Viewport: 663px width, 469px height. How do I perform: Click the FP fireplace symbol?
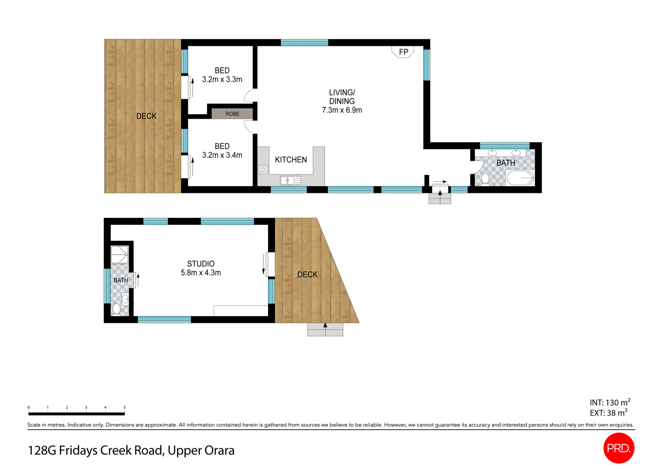click(x=403, y=52)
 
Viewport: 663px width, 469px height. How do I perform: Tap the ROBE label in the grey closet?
click(x=232, y=114)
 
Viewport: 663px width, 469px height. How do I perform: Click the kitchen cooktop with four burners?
click(x=263, y=169)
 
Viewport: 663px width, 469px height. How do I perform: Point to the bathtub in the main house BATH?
click(x=520, y=178)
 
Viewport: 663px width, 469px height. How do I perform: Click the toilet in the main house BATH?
click(x=485, y=179)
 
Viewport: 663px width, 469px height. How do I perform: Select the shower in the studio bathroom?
click(x=119, y=255)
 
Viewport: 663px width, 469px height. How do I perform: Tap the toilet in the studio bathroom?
click(x=116, y=309)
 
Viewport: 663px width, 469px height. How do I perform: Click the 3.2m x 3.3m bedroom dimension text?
click(x=222, y=79)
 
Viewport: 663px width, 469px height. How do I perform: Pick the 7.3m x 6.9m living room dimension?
click(x=342, y=110)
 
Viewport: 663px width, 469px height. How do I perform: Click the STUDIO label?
click(x=201, y=264)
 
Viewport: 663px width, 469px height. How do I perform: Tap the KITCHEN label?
click(x=291, y=160)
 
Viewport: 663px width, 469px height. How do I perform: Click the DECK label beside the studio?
click(x=307, y=274)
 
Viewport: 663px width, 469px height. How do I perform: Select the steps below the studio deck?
click(x=325, y=330)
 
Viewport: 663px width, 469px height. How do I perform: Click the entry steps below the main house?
click(x=440, y=198)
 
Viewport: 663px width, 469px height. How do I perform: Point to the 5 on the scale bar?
click(x=124, y=407)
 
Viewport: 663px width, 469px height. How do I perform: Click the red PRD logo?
click(x=619, y=448)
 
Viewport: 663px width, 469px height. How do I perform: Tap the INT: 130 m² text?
click(x=609, y=403)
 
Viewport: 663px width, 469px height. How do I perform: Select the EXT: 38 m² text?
click(x=608, y=413)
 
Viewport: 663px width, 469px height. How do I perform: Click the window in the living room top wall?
click(x=304, y=43)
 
